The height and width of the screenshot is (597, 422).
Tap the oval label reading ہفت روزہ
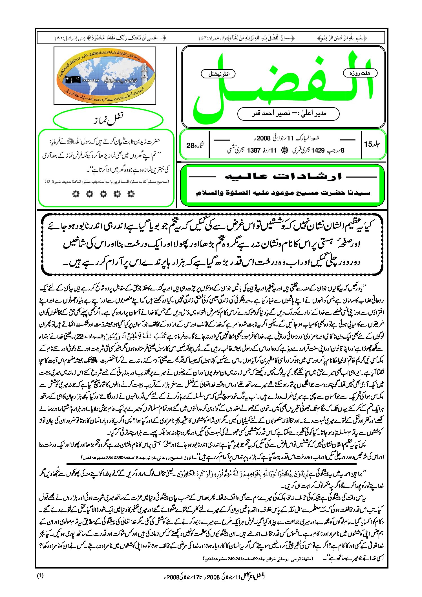click(360, 73)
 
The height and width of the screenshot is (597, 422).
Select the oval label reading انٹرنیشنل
click(218, 74)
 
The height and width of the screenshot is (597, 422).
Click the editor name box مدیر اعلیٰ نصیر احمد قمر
click(288, 114)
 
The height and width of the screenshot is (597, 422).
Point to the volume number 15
click(368, 144)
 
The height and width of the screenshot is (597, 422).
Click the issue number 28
click(191, 146)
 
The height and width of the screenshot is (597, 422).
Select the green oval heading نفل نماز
click(108, 120)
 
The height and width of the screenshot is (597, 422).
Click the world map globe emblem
click(105, 76)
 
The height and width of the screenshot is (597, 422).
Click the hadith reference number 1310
click(49, 182)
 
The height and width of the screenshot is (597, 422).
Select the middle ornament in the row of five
click(103, 193)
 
